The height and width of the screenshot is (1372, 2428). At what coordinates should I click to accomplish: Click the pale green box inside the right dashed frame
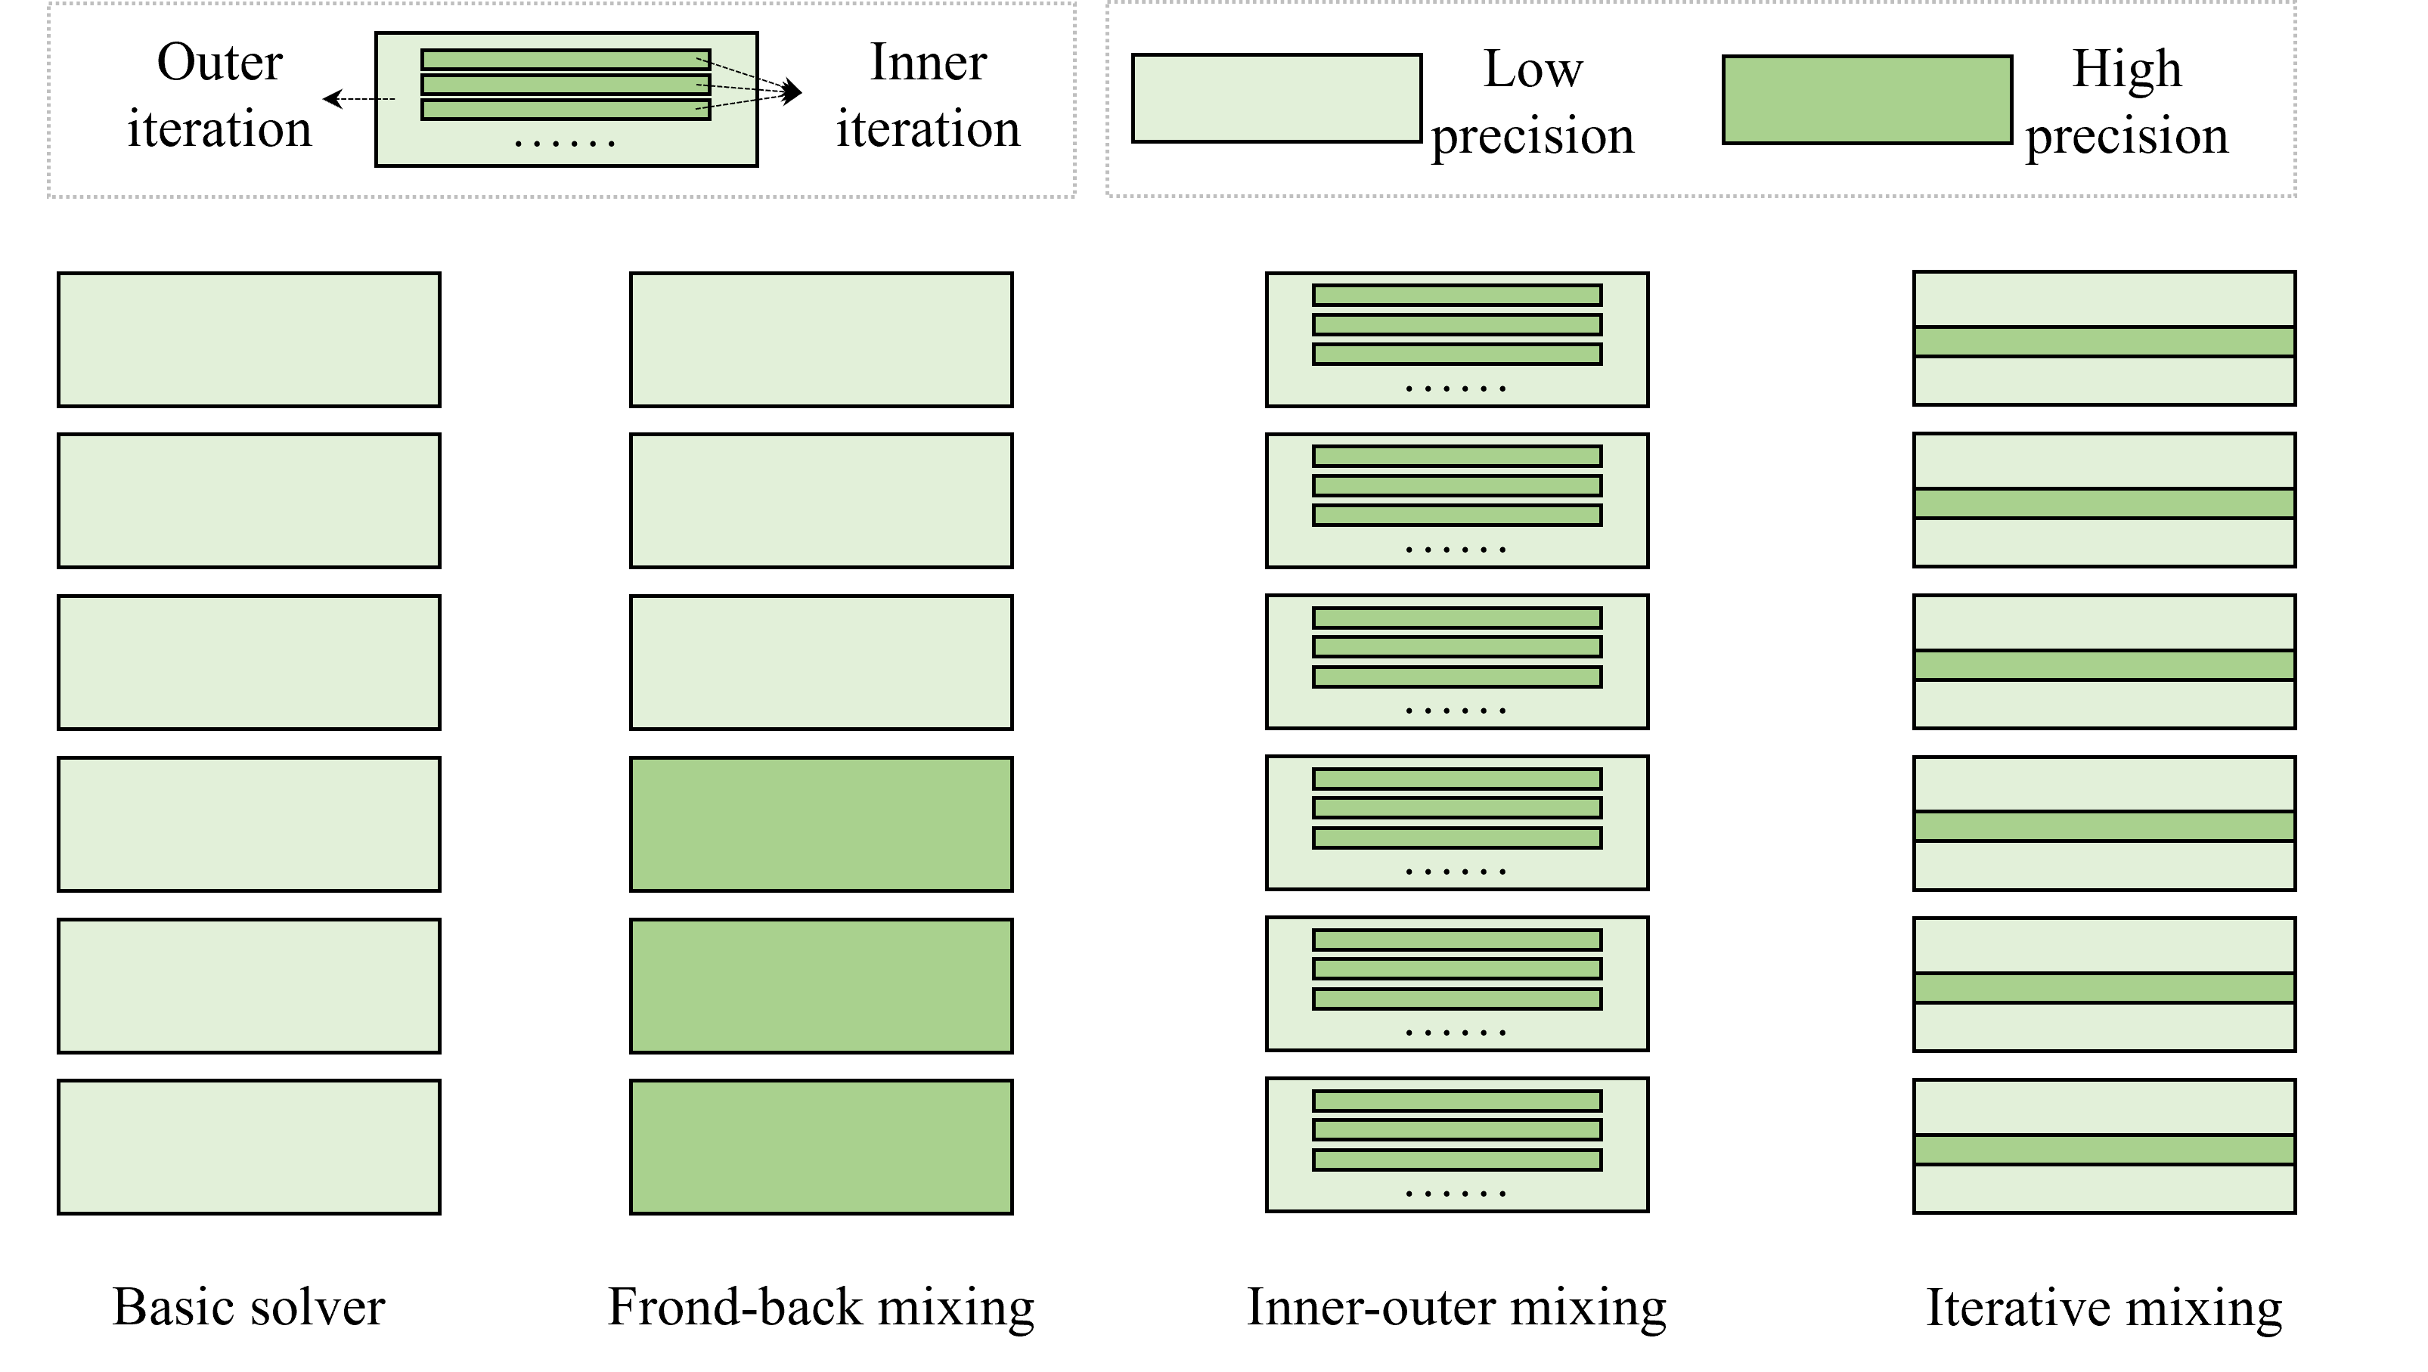click(1276, 98)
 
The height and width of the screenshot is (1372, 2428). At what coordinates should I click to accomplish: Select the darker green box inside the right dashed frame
click(1866, 100)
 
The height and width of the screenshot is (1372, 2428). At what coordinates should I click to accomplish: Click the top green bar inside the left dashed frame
click(565, 60)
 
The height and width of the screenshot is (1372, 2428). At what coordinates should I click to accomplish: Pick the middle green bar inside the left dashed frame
click(565, 85)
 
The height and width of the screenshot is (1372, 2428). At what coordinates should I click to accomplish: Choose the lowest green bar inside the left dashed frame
click(565, 110)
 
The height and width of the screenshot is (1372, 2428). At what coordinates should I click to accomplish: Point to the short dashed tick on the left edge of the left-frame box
click(386, 99)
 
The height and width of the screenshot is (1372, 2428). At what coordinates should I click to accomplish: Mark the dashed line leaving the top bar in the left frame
click(731, 68)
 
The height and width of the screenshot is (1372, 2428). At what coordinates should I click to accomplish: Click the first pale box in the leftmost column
click(249, 339)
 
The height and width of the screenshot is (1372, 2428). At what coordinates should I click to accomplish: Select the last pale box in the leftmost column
click(249, 1147)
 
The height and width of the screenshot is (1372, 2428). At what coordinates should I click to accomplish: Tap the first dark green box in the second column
click(821, 823)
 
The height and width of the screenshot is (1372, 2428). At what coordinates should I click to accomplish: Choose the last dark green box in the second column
click(821, 1147)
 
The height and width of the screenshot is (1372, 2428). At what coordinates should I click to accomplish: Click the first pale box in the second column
click(821, 339)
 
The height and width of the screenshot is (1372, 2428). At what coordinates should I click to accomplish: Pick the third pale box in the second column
click(821, 662)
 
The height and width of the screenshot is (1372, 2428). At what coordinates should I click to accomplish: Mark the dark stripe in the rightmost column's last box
click(2104, 1150)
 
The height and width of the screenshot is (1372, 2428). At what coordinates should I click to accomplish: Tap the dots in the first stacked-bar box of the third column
click(1456, 389)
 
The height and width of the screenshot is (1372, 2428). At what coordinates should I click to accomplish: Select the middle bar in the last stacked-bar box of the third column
click(1456, 1130)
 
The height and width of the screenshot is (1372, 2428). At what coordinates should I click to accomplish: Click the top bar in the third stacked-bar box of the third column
click(1456, 618)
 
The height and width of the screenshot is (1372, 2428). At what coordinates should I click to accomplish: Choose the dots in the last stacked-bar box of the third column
click(1456, 1194)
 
